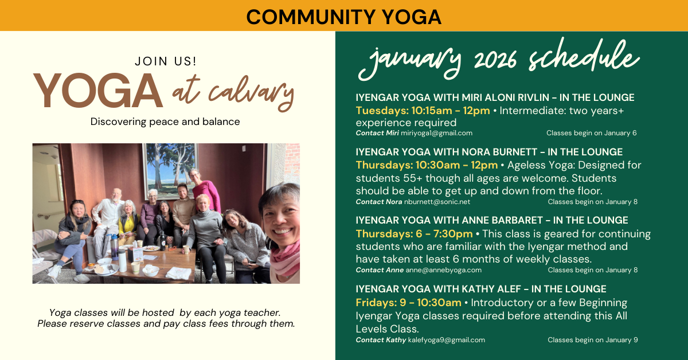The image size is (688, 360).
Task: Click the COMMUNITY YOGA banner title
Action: coord(343,16)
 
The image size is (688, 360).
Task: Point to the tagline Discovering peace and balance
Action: coord(165,122)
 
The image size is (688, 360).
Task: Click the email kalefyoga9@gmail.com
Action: coord(446,340)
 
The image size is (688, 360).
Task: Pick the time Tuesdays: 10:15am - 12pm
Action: coord(423,111)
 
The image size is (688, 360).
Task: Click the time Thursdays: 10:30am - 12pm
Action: coord(427,165)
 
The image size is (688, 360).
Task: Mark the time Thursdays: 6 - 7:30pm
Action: coord(414,234)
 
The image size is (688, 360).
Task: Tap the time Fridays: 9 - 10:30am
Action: coord(408,303)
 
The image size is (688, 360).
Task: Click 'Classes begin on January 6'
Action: coord(591,133)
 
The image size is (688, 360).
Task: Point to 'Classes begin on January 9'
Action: coord(592,340)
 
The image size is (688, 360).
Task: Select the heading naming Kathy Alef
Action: coord(480,289)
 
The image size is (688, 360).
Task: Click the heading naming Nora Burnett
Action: coord(488,152)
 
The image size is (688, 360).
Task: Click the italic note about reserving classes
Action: coord(166,318)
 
